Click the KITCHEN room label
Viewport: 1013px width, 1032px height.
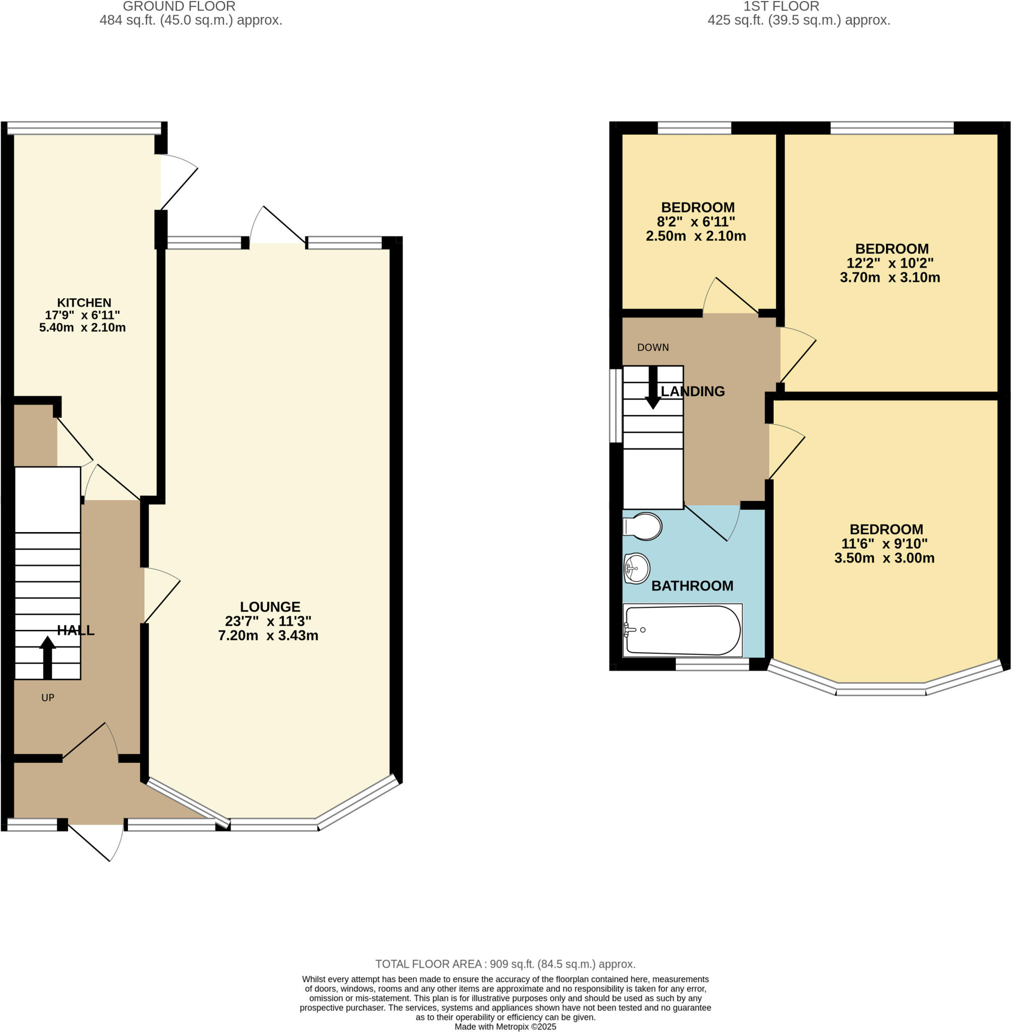coord(84,303)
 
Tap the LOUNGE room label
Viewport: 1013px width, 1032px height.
coord(270,606)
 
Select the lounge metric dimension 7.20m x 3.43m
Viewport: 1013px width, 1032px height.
coord(268,635)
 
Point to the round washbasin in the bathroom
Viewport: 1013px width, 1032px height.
coord(637,568)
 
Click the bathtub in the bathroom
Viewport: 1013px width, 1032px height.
coord(683,630)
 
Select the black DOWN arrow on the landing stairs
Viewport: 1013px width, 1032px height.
coord(653,389)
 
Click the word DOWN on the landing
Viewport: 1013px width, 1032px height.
coord(653,347)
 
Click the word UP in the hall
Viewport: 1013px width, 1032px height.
coord(48,697)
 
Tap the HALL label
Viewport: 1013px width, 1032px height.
coord(76,630)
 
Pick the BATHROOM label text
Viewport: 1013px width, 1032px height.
coord(692,586)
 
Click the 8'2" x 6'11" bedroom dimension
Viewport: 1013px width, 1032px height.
coord(696,222)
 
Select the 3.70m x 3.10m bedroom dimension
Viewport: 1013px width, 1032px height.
coord(890,277)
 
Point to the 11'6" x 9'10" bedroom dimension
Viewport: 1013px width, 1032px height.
coord(884,544)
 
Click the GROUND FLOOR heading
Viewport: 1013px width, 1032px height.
coord(179,7)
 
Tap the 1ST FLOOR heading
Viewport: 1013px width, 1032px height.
coord(781,7)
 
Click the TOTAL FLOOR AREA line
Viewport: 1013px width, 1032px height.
coord(505,964)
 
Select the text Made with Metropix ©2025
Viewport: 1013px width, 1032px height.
coord(505,1026)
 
